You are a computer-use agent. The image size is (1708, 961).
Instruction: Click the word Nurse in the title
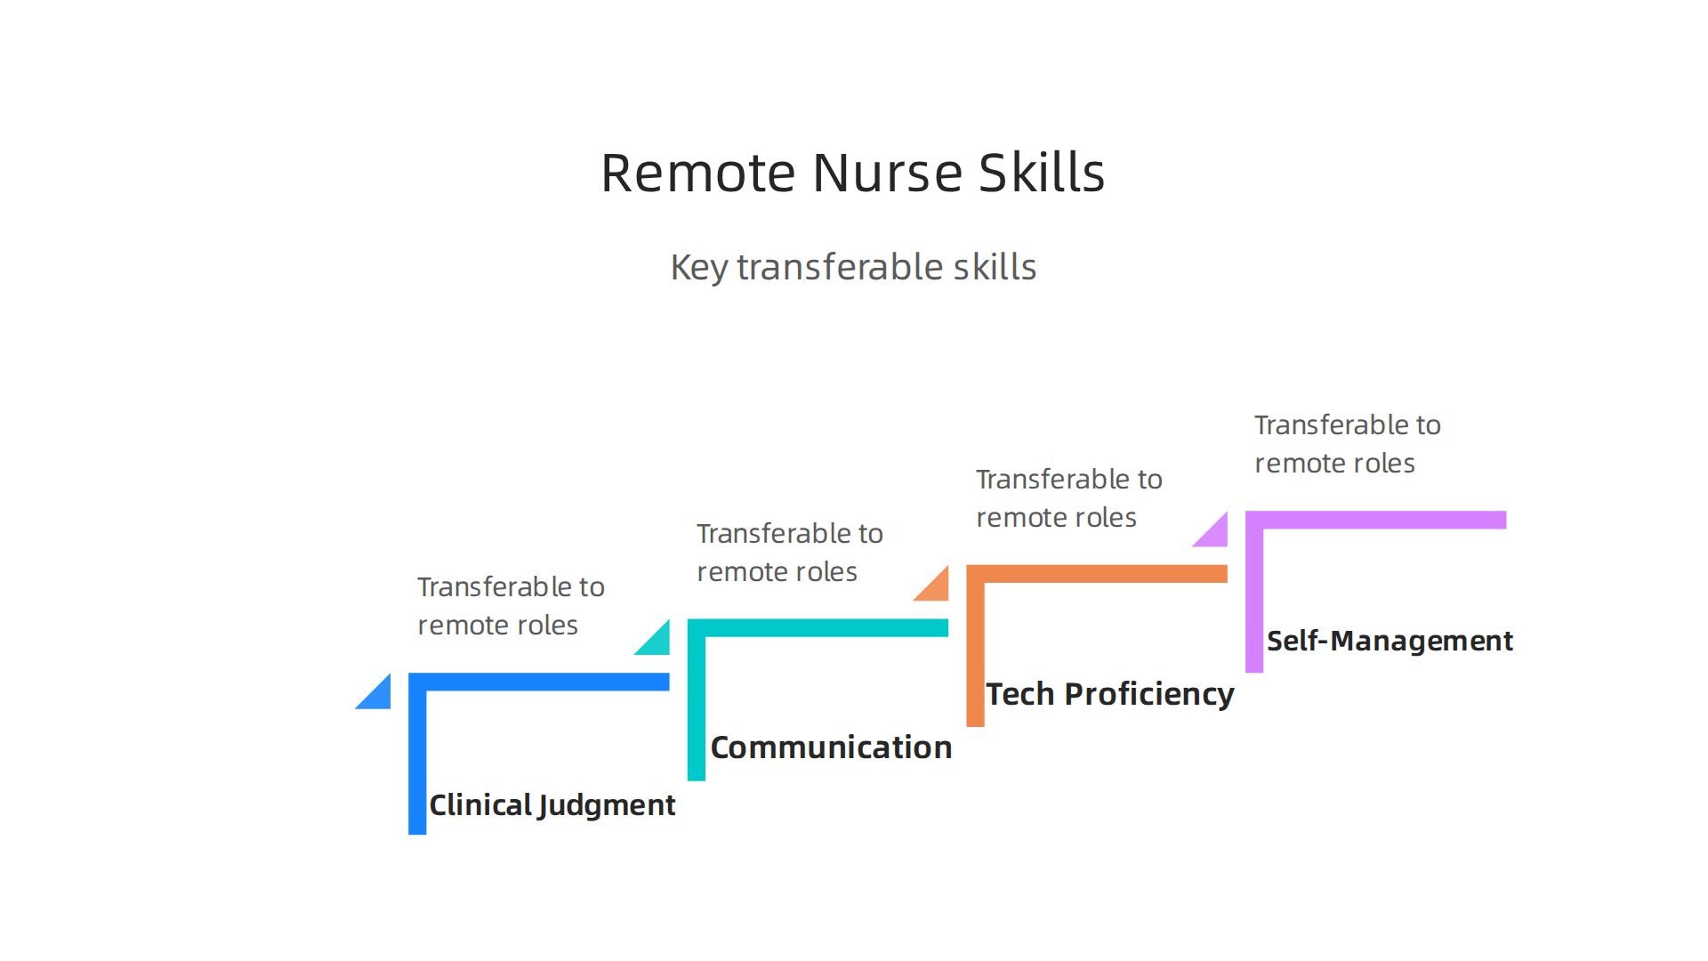coord(887,173)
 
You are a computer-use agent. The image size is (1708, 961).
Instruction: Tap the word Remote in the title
coord(697,173)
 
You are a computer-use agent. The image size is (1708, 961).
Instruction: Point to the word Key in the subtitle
coord(698,268)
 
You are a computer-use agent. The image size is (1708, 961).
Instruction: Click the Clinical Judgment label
coord(552,805)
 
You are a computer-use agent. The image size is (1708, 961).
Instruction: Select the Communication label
coord(831,747)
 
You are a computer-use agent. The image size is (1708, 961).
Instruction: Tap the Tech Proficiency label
coord(1109,694)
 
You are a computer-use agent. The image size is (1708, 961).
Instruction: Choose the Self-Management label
coord(1389,641)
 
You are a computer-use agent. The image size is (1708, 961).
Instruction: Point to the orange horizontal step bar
coord(1103,574)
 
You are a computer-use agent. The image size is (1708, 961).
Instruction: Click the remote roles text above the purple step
coord(1334,464)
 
